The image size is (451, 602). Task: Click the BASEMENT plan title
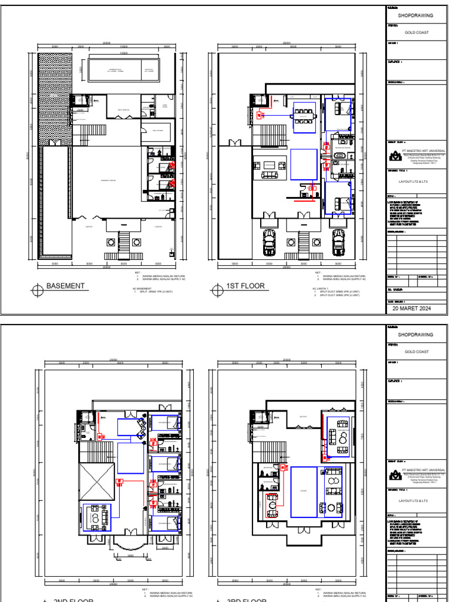click(x=65, y=286)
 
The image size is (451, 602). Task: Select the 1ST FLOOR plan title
click(x=245, y=286)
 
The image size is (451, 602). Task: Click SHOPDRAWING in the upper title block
click(x=416, y=16)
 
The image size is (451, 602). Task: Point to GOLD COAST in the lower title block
click(x=416, y=352)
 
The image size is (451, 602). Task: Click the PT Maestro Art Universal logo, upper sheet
click(x=394, y=155)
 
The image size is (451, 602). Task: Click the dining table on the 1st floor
click(x=304, y=112)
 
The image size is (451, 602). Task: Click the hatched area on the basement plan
click(x=55, y=100)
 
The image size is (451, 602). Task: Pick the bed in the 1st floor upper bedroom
click(x=340, y=110)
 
